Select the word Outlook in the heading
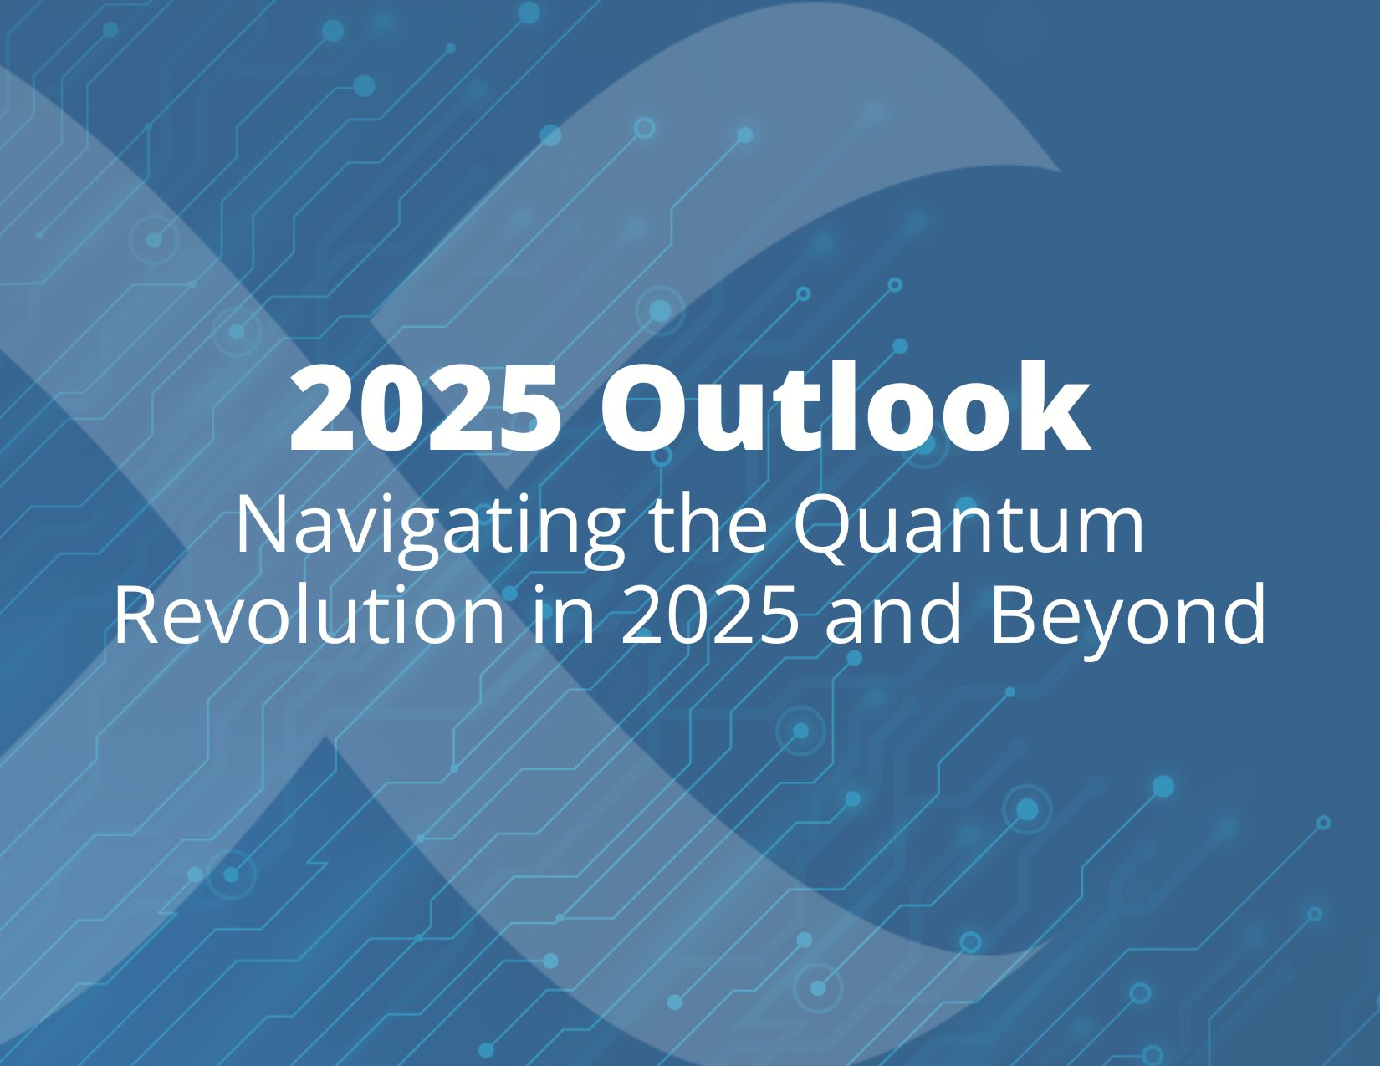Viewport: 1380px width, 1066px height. pyautogui.click(x=845, y=408)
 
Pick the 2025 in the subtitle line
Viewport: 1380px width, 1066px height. pyautogui.click(x=709, y=615)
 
